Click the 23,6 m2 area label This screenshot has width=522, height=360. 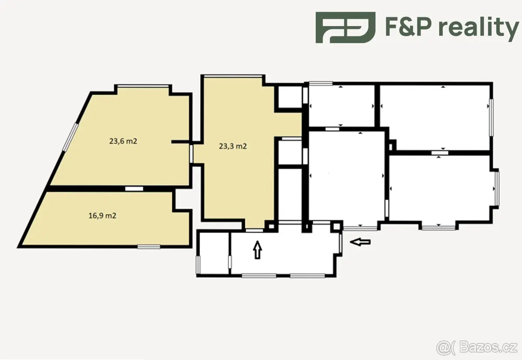tap(123, 141)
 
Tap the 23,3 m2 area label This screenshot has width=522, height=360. tap(233, 146)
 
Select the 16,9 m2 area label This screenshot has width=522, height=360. tap(102, 215)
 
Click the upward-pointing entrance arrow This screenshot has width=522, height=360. tap(257, 250)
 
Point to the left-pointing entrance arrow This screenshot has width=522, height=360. tap(360, 242)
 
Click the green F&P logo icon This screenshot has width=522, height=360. tap(345, 27)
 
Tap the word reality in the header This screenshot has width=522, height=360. tap(478, 27)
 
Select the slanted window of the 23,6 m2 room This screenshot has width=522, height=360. tap(70, 137)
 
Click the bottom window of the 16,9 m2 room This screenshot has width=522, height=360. tap(149, 247)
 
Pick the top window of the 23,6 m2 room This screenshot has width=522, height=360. tap(143, 86)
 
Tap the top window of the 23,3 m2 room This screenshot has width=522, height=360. tap(233, 76)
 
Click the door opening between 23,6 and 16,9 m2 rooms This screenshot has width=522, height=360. tap(134, 188)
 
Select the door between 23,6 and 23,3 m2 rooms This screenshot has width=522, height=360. tap(191, 154)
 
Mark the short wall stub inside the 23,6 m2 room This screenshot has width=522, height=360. tap(180, 142)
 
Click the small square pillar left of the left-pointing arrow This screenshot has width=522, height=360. tap(336, 226)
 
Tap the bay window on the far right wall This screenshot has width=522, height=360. tap(497, 188)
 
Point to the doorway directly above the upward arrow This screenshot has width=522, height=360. tap(254, 230)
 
